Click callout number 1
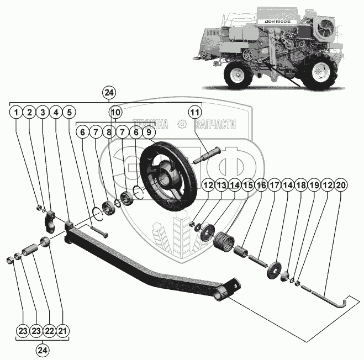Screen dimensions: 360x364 pos(17,113)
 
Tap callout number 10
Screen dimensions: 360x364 pos(115,113)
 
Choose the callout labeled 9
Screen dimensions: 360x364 pos(147,133)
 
